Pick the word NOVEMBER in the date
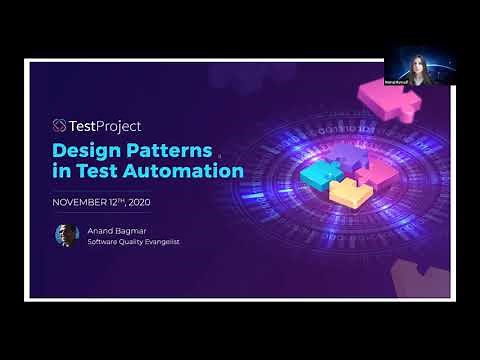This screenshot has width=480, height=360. pos(79,201)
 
